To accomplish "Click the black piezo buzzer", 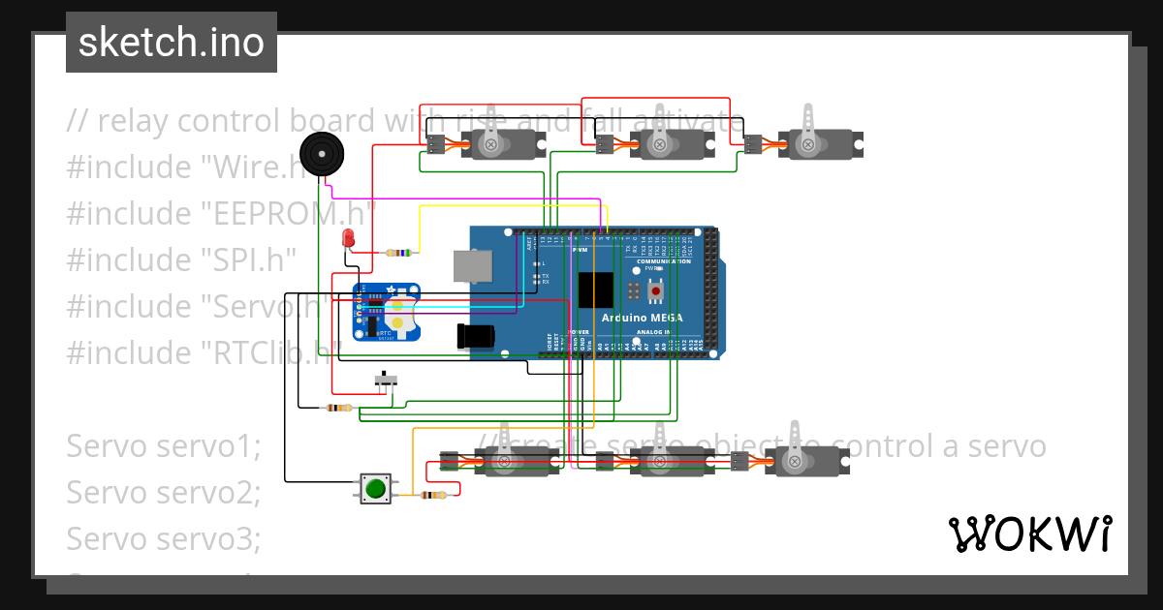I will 320,154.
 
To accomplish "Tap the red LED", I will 348,238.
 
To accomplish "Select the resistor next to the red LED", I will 398,253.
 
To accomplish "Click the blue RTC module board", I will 388,312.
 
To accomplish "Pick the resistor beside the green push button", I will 433,495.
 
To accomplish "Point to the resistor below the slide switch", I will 337,408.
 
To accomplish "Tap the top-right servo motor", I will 814,144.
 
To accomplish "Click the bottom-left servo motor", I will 514,461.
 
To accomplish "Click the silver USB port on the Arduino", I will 473,265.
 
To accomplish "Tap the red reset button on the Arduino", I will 656,290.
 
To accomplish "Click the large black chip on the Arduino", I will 595,290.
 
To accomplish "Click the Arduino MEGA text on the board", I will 642,318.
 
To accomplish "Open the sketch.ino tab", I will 172,43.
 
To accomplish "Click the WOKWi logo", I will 1029,534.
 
